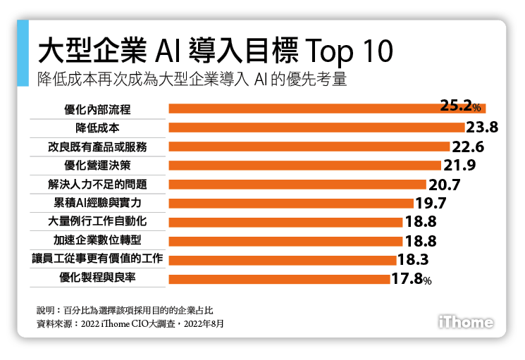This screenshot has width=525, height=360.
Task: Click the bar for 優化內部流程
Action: coord(303,108)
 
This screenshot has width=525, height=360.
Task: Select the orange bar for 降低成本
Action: coord(316,128)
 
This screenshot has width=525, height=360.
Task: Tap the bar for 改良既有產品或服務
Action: coord(309,147)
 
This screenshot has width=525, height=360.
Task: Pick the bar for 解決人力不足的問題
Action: coord(297,185)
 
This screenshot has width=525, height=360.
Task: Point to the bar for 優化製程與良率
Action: coord(279,279)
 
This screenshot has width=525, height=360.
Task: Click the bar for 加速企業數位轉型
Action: coord(283,241)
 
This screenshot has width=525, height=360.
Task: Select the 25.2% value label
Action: coord(459,107)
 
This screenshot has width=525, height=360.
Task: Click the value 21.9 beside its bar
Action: coord(462,166)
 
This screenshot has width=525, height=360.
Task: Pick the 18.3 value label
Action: coord(414,260)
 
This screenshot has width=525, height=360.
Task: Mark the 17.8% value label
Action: coord(411,280)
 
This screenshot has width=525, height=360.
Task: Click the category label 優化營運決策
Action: coord(97,166)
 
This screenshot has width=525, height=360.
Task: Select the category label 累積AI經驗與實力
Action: coord(97,203)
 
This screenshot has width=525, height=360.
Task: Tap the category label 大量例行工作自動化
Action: coord(97,222)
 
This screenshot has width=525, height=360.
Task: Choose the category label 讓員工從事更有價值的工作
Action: coord(97,259)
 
